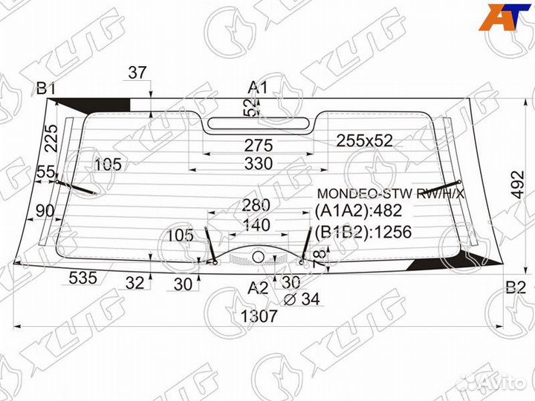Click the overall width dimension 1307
click(x=259, y=316)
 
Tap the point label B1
click(x=47, y=89)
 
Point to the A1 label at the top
click(x=257, y=88)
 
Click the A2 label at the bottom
click(x=258, y=287)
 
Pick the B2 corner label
click(x=515, y=288)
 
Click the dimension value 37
click(x=137, y=73)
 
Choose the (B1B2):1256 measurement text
click(x=363, y=232)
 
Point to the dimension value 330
click(x=259, y=163)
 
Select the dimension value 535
click(x=83, y=278)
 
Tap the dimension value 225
click(x=50, y=137)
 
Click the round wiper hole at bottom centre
click(x=257, y=255)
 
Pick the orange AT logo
click(x=503, y=19)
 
